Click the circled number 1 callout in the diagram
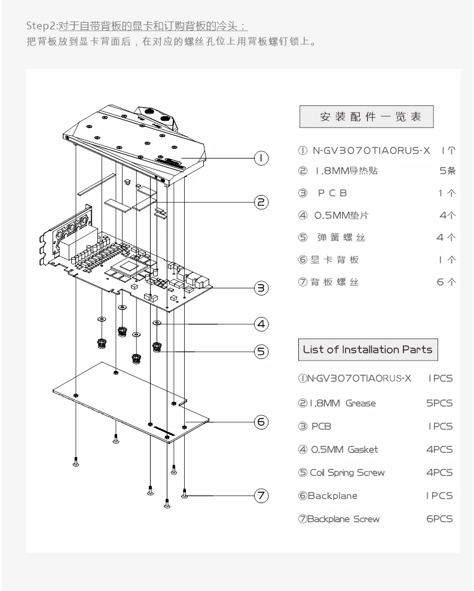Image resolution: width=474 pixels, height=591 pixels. [x=261, y=158]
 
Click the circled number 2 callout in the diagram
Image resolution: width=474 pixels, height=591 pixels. [x=261, y=202]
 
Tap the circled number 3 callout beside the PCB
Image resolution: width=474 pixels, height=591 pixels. [x=261, y=288]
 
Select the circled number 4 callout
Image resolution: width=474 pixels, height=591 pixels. [x=261, y=324]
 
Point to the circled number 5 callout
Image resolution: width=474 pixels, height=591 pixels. [x=261, y=351]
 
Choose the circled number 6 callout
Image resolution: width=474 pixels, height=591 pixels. [x=261, y=422]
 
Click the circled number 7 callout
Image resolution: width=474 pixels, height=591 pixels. [x=261, y=495]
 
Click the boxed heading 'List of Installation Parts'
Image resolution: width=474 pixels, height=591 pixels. [x=368, y=349]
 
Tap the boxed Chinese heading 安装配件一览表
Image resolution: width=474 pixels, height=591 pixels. [x=366, y=117]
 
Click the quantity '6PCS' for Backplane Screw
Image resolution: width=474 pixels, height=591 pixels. [x=439, y=519]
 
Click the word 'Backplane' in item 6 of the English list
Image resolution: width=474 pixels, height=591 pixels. [x=332, y=496]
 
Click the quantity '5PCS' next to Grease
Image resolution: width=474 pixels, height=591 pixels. [x=439, y=403]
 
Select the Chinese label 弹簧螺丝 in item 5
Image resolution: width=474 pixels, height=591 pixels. [x=340, y=237]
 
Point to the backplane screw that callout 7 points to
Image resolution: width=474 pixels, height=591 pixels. [x=185, y=494]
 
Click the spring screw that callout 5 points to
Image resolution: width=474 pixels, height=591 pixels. [x=157, y=347]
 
